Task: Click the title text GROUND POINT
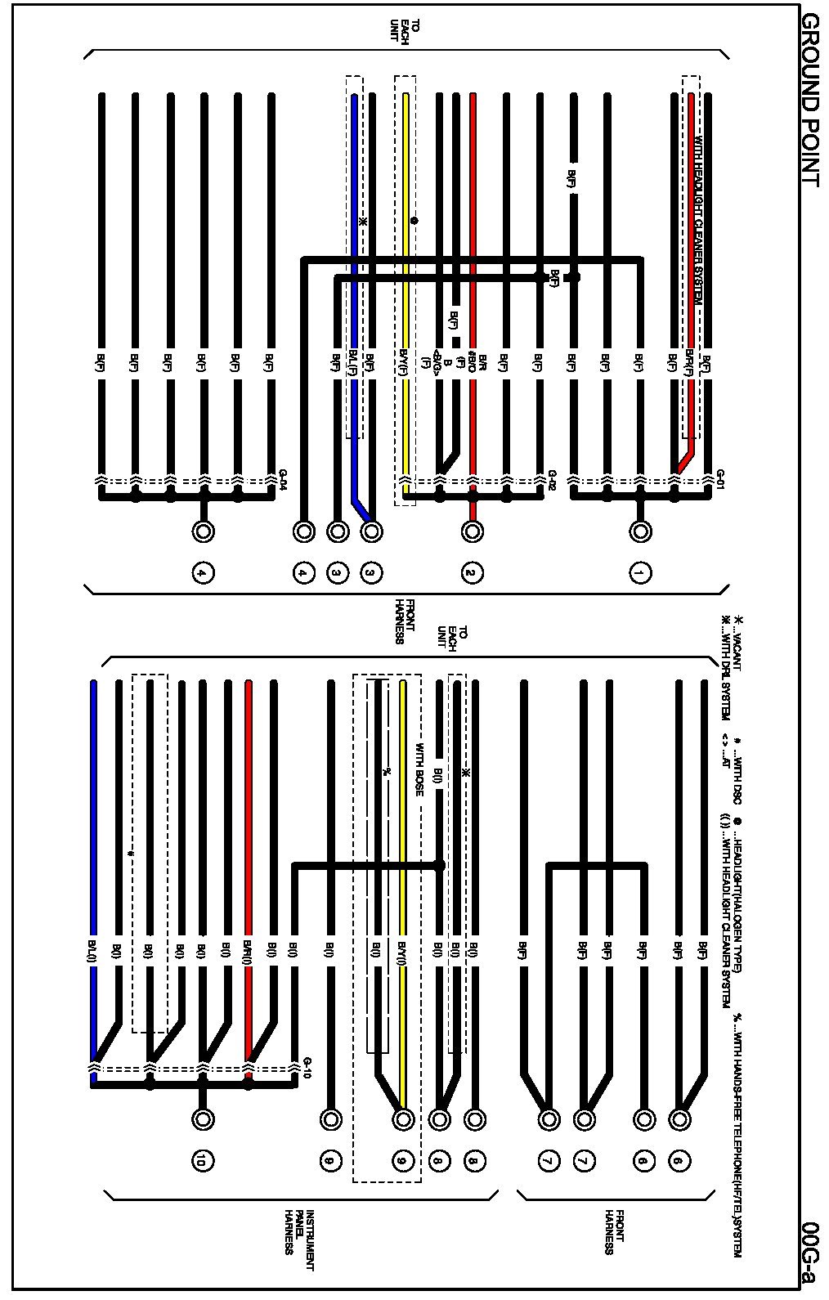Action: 809,100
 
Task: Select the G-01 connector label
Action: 720,476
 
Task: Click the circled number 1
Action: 641,573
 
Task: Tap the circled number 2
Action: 472,573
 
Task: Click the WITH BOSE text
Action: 419,769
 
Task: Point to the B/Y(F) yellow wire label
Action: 404,361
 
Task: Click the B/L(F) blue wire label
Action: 353,361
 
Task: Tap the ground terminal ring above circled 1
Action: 641,531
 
